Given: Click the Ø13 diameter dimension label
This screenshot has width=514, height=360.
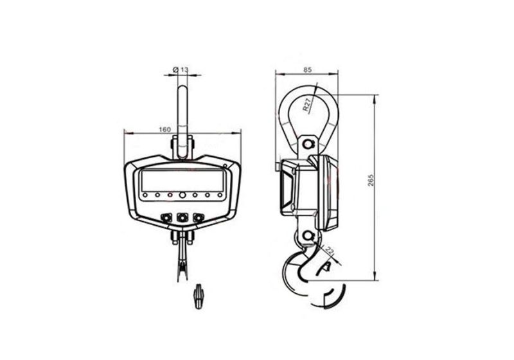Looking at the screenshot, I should [x=181, y=69].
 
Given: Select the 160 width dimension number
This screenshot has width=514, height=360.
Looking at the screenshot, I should [x=164, y=129].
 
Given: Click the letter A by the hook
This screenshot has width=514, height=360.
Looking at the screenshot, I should [x=327, y=266].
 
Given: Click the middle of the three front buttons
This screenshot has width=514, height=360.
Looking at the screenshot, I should [x=182, y=218].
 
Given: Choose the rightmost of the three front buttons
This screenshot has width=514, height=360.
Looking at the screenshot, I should [x=199, y=218].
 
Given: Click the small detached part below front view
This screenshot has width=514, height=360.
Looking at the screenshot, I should [x=199, y=298].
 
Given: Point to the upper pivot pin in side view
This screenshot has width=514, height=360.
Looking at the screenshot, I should [x=309, y=142].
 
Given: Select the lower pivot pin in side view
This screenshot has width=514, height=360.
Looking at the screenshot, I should [x=308, y=235].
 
